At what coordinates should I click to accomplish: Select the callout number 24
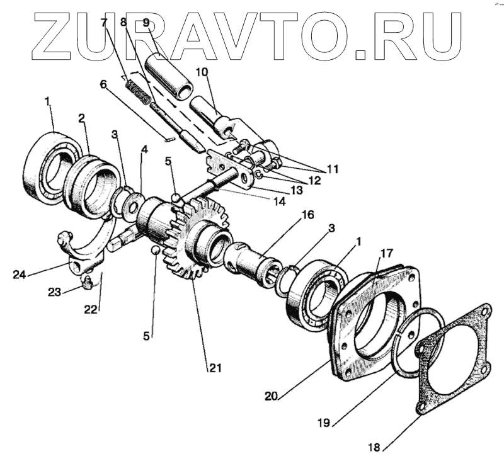pos(20,274)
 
